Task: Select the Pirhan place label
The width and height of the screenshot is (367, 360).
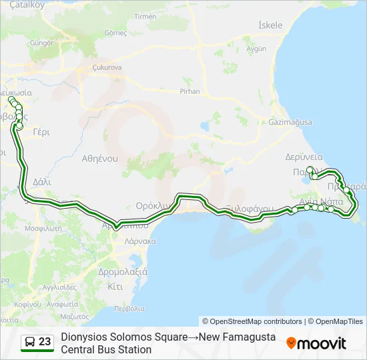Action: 190,90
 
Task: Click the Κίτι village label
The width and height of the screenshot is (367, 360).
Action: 115,287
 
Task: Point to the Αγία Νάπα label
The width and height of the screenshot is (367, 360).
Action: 321,201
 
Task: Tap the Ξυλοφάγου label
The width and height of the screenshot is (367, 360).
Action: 250,209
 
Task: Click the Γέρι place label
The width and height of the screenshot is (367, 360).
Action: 41,131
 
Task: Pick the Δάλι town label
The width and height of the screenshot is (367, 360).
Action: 41,181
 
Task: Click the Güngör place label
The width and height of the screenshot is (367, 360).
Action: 41,42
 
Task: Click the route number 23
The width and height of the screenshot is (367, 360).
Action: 45,342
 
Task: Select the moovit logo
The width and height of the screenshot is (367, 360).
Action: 316,343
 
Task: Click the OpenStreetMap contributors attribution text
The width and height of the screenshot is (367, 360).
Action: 252,321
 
